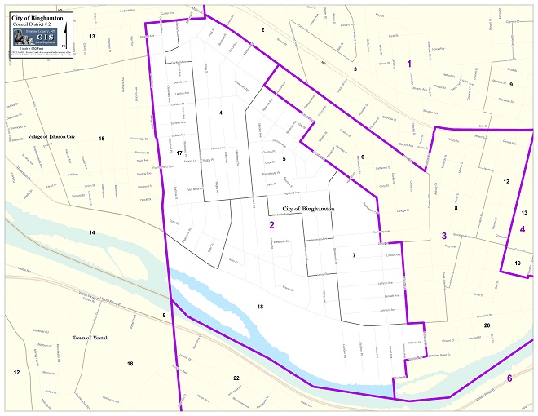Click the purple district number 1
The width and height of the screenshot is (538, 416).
[x=409, y=64]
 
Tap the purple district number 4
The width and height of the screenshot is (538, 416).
[x=522, y=229]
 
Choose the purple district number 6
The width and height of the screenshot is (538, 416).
[x=509, y=378]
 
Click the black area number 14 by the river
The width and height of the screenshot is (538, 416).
[x=92, y=233]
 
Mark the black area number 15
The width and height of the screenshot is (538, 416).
[x=101, y=139]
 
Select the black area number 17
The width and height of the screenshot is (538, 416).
[x=179, y=153]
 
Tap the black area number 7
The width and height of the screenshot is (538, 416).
[x=354, y=255]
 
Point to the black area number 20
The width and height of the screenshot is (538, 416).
[x=487, y=325]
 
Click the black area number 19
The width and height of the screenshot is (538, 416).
[x=518, y=263]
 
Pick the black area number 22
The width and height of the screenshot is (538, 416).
[x=236, y=378]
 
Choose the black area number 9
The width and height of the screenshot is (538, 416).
[x=511, y=84]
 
